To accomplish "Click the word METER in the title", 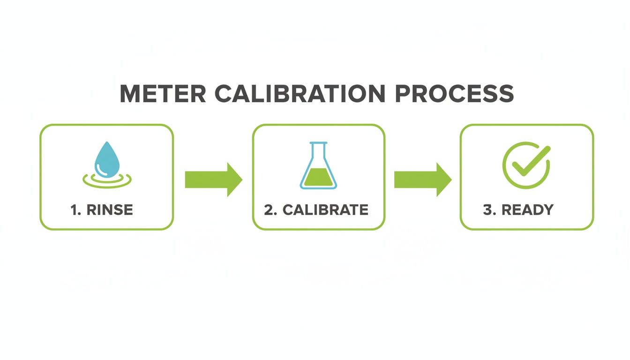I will [163, 94].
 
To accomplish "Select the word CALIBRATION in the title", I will [300, 94].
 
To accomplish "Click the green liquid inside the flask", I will [318, 178].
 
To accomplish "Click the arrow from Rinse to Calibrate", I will [213, 180].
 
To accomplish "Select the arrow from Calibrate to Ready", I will [422, 180].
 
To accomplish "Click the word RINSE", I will [110, 210].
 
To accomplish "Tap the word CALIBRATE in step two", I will [326, 210].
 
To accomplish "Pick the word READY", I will [528, 210].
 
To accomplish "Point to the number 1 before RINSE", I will [74, 210].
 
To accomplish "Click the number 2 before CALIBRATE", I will [269, 210].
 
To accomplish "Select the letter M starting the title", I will [131, 94].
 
